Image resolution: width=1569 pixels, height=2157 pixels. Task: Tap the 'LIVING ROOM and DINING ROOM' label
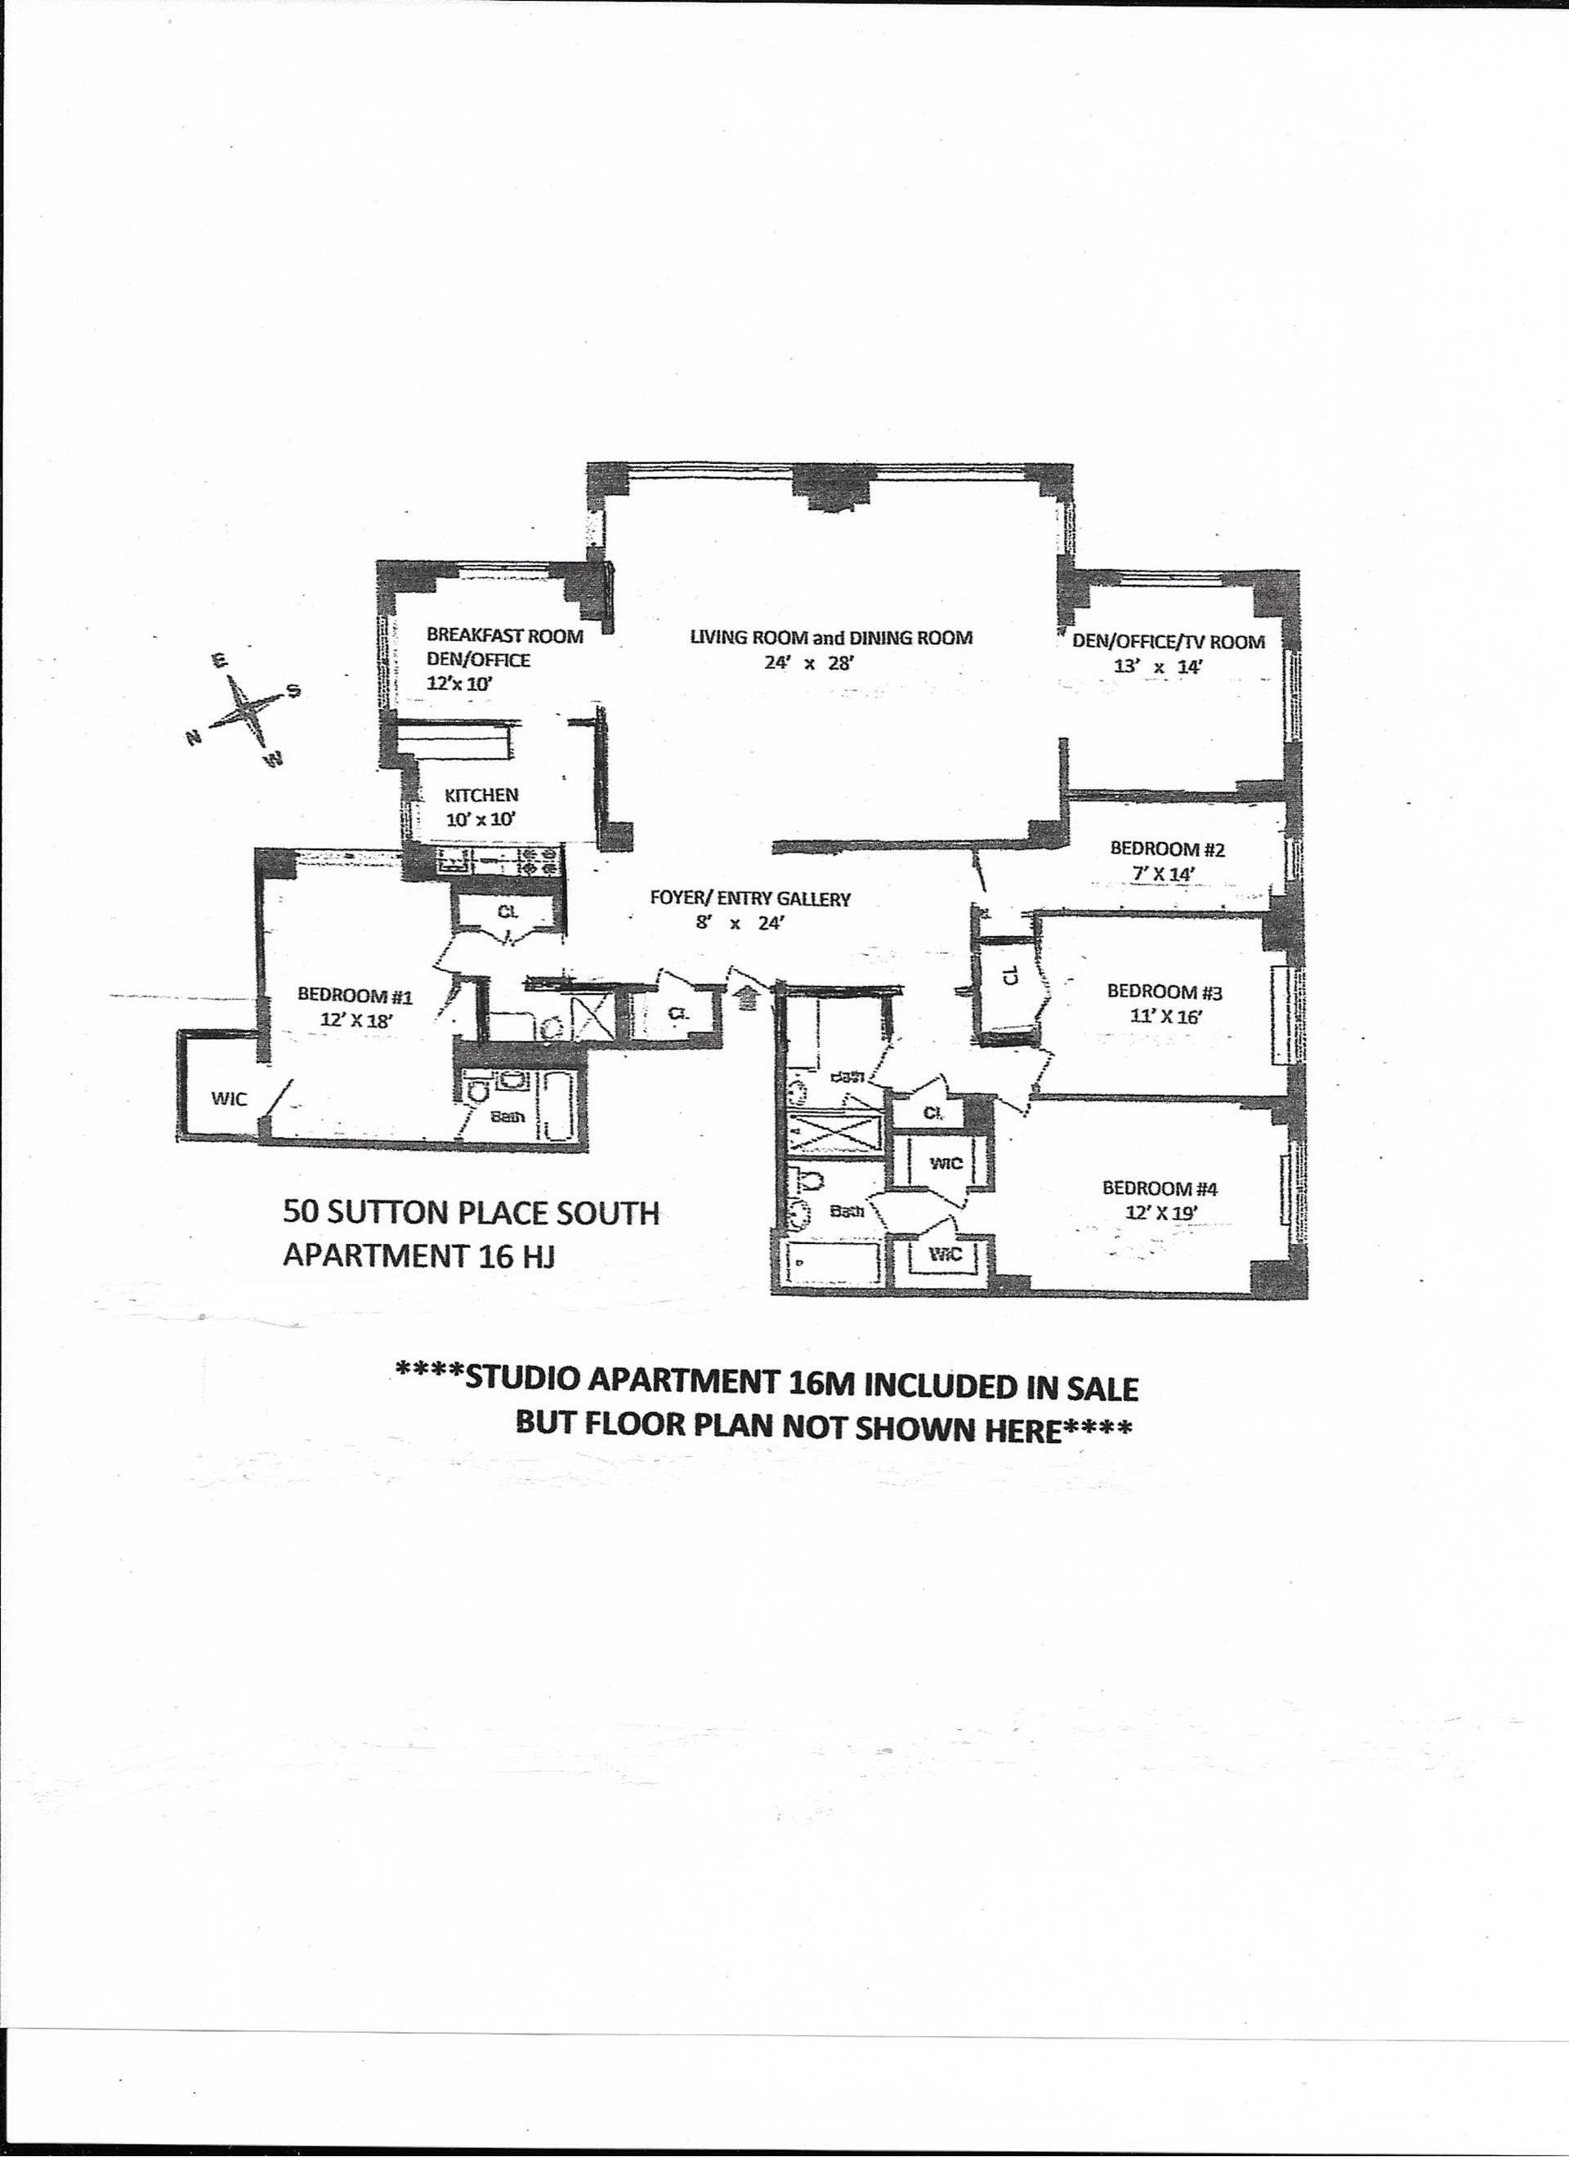click(830, 637)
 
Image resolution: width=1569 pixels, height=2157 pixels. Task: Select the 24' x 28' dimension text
click(805, 664)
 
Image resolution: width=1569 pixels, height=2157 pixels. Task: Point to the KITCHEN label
click(481, 795)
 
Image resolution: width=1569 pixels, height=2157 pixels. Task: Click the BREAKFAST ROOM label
click(504, 635)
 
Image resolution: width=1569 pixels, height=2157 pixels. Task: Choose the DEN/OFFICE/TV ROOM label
click(1169, 641)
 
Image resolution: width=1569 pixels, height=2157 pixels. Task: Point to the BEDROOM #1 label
click(355, 996)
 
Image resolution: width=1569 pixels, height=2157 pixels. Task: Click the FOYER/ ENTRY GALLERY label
click(750, 898)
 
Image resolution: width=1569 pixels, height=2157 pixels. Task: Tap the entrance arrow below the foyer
click(749, 996)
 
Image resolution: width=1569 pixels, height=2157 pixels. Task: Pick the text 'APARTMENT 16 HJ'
click(419, 1256)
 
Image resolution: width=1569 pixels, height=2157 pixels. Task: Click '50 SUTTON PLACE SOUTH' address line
click(471, 1214)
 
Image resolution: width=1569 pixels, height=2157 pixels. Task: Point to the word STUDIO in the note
click(527, 1387)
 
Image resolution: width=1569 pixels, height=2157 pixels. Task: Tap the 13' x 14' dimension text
click(1159, 666)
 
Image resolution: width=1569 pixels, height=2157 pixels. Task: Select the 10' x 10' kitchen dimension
click(481, 819)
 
